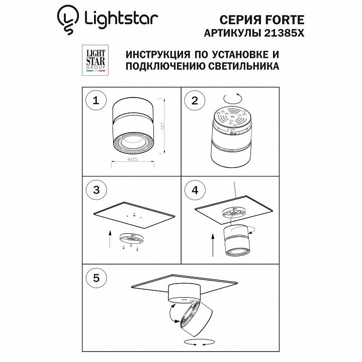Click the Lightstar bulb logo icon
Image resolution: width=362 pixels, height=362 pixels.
coord(68,20)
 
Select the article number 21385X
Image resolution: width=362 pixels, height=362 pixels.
coord(284,33)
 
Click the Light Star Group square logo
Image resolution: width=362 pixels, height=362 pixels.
coord(96,60)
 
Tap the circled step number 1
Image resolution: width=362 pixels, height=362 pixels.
coord(96,101)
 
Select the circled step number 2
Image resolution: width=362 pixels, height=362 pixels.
coord(195,101)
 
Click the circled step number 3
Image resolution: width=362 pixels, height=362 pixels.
coord(96,190)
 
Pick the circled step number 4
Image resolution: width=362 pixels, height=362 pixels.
coord(195,190)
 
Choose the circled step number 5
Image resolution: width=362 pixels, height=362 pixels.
coord(96,278)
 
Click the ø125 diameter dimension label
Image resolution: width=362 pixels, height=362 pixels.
coord(133,159)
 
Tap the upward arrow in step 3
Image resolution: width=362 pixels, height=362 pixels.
coord(110,239)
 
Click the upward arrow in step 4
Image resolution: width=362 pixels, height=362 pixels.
coord(213,245)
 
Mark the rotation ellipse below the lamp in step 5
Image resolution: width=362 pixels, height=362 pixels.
coord(199,342)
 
